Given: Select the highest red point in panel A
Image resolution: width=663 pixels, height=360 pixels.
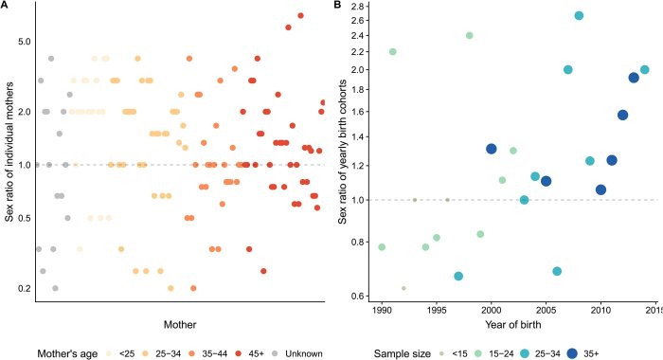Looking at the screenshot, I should pyautogui.click(x=300, y=15).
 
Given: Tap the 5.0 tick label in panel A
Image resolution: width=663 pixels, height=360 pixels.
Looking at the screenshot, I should pyautogui.click(x=22, y=42).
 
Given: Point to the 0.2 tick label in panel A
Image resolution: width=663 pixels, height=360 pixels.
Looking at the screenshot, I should pyautogui.click(x=22, y=288).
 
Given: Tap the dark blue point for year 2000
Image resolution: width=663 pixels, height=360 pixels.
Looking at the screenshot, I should pyautogui.click(x=492, y=149).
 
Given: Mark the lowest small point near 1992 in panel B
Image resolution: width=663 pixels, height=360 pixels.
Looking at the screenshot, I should pyautogui.click(x=403, y=288).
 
